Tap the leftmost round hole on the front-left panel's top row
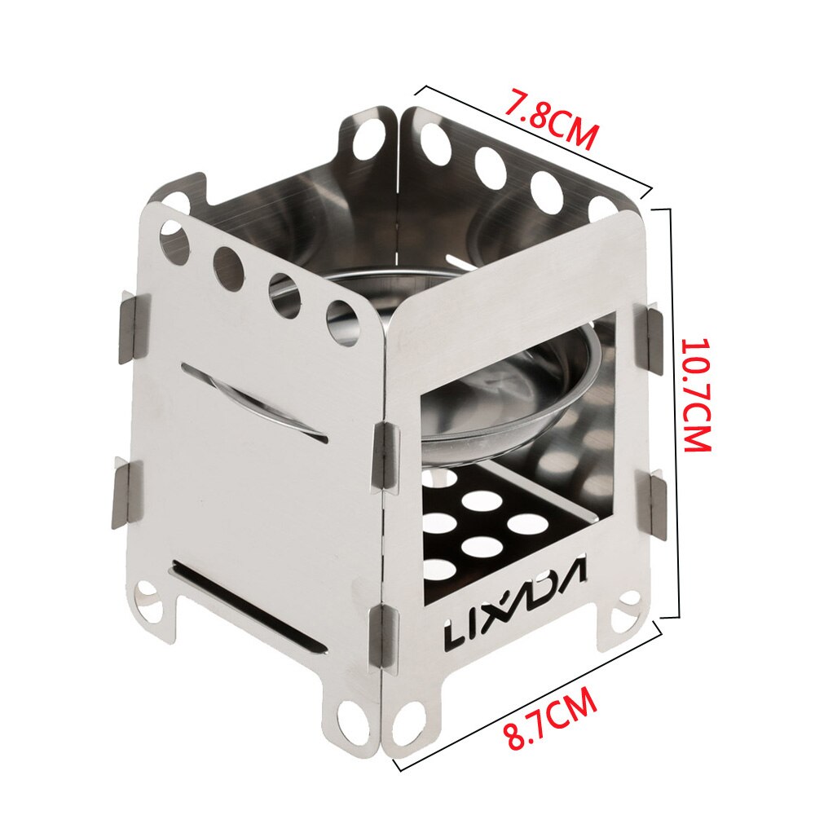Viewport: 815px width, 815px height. click(x=174, y=242)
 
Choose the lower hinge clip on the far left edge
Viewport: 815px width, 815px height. click(x=126, y=493)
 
